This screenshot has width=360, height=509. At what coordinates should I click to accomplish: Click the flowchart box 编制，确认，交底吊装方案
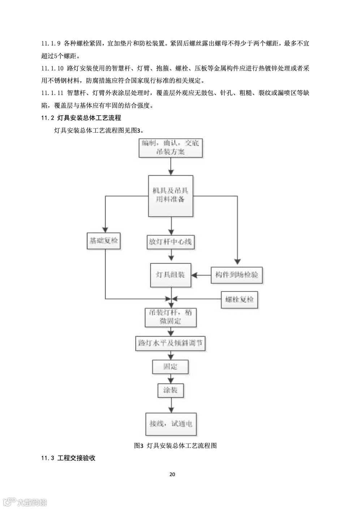pos(170,147)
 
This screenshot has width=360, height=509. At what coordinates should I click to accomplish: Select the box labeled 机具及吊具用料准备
pos(171,196)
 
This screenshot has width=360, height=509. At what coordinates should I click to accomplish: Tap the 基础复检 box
pos(104,241)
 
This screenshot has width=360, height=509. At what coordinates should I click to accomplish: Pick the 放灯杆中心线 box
pos(170,242)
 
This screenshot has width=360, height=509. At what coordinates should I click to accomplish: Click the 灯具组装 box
pos(170,275)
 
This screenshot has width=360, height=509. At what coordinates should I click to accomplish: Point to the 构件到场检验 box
pos(237,275)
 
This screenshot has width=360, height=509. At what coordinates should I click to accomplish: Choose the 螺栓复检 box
pos(239,299)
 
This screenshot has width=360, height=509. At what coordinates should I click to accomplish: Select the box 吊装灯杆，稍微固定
pos(170,317)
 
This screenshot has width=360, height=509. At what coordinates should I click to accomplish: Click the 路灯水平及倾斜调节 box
pos(170,343)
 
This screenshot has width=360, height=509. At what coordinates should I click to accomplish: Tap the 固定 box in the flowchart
pos(170,367)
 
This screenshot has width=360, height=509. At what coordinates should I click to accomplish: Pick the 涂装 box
pos(170,390)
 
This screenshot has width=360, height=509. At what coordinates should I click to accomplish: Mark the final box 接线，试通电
pos(171,424)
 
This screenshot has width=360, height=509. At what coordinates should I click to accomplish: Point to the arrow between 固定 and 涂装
pos(170,378)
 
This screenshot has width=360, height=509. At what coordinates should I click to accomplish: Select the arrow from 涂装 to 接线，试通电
pos(170,406)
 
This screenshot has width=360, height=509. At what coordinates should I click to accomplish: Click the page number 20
pos(172,474)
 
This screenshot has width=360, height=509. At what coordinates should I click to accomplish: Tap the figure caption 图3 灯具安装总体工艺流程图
pos(175,445)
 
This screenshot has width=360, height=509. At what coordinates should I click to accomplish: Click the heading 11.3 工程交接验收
pos(68,458)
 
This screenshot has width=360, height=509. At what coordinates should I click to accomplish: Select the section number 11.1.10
pos(52,68)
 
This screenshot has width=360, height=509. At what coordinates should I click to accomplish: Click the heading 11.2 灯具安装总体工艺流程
pos(81,118)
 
